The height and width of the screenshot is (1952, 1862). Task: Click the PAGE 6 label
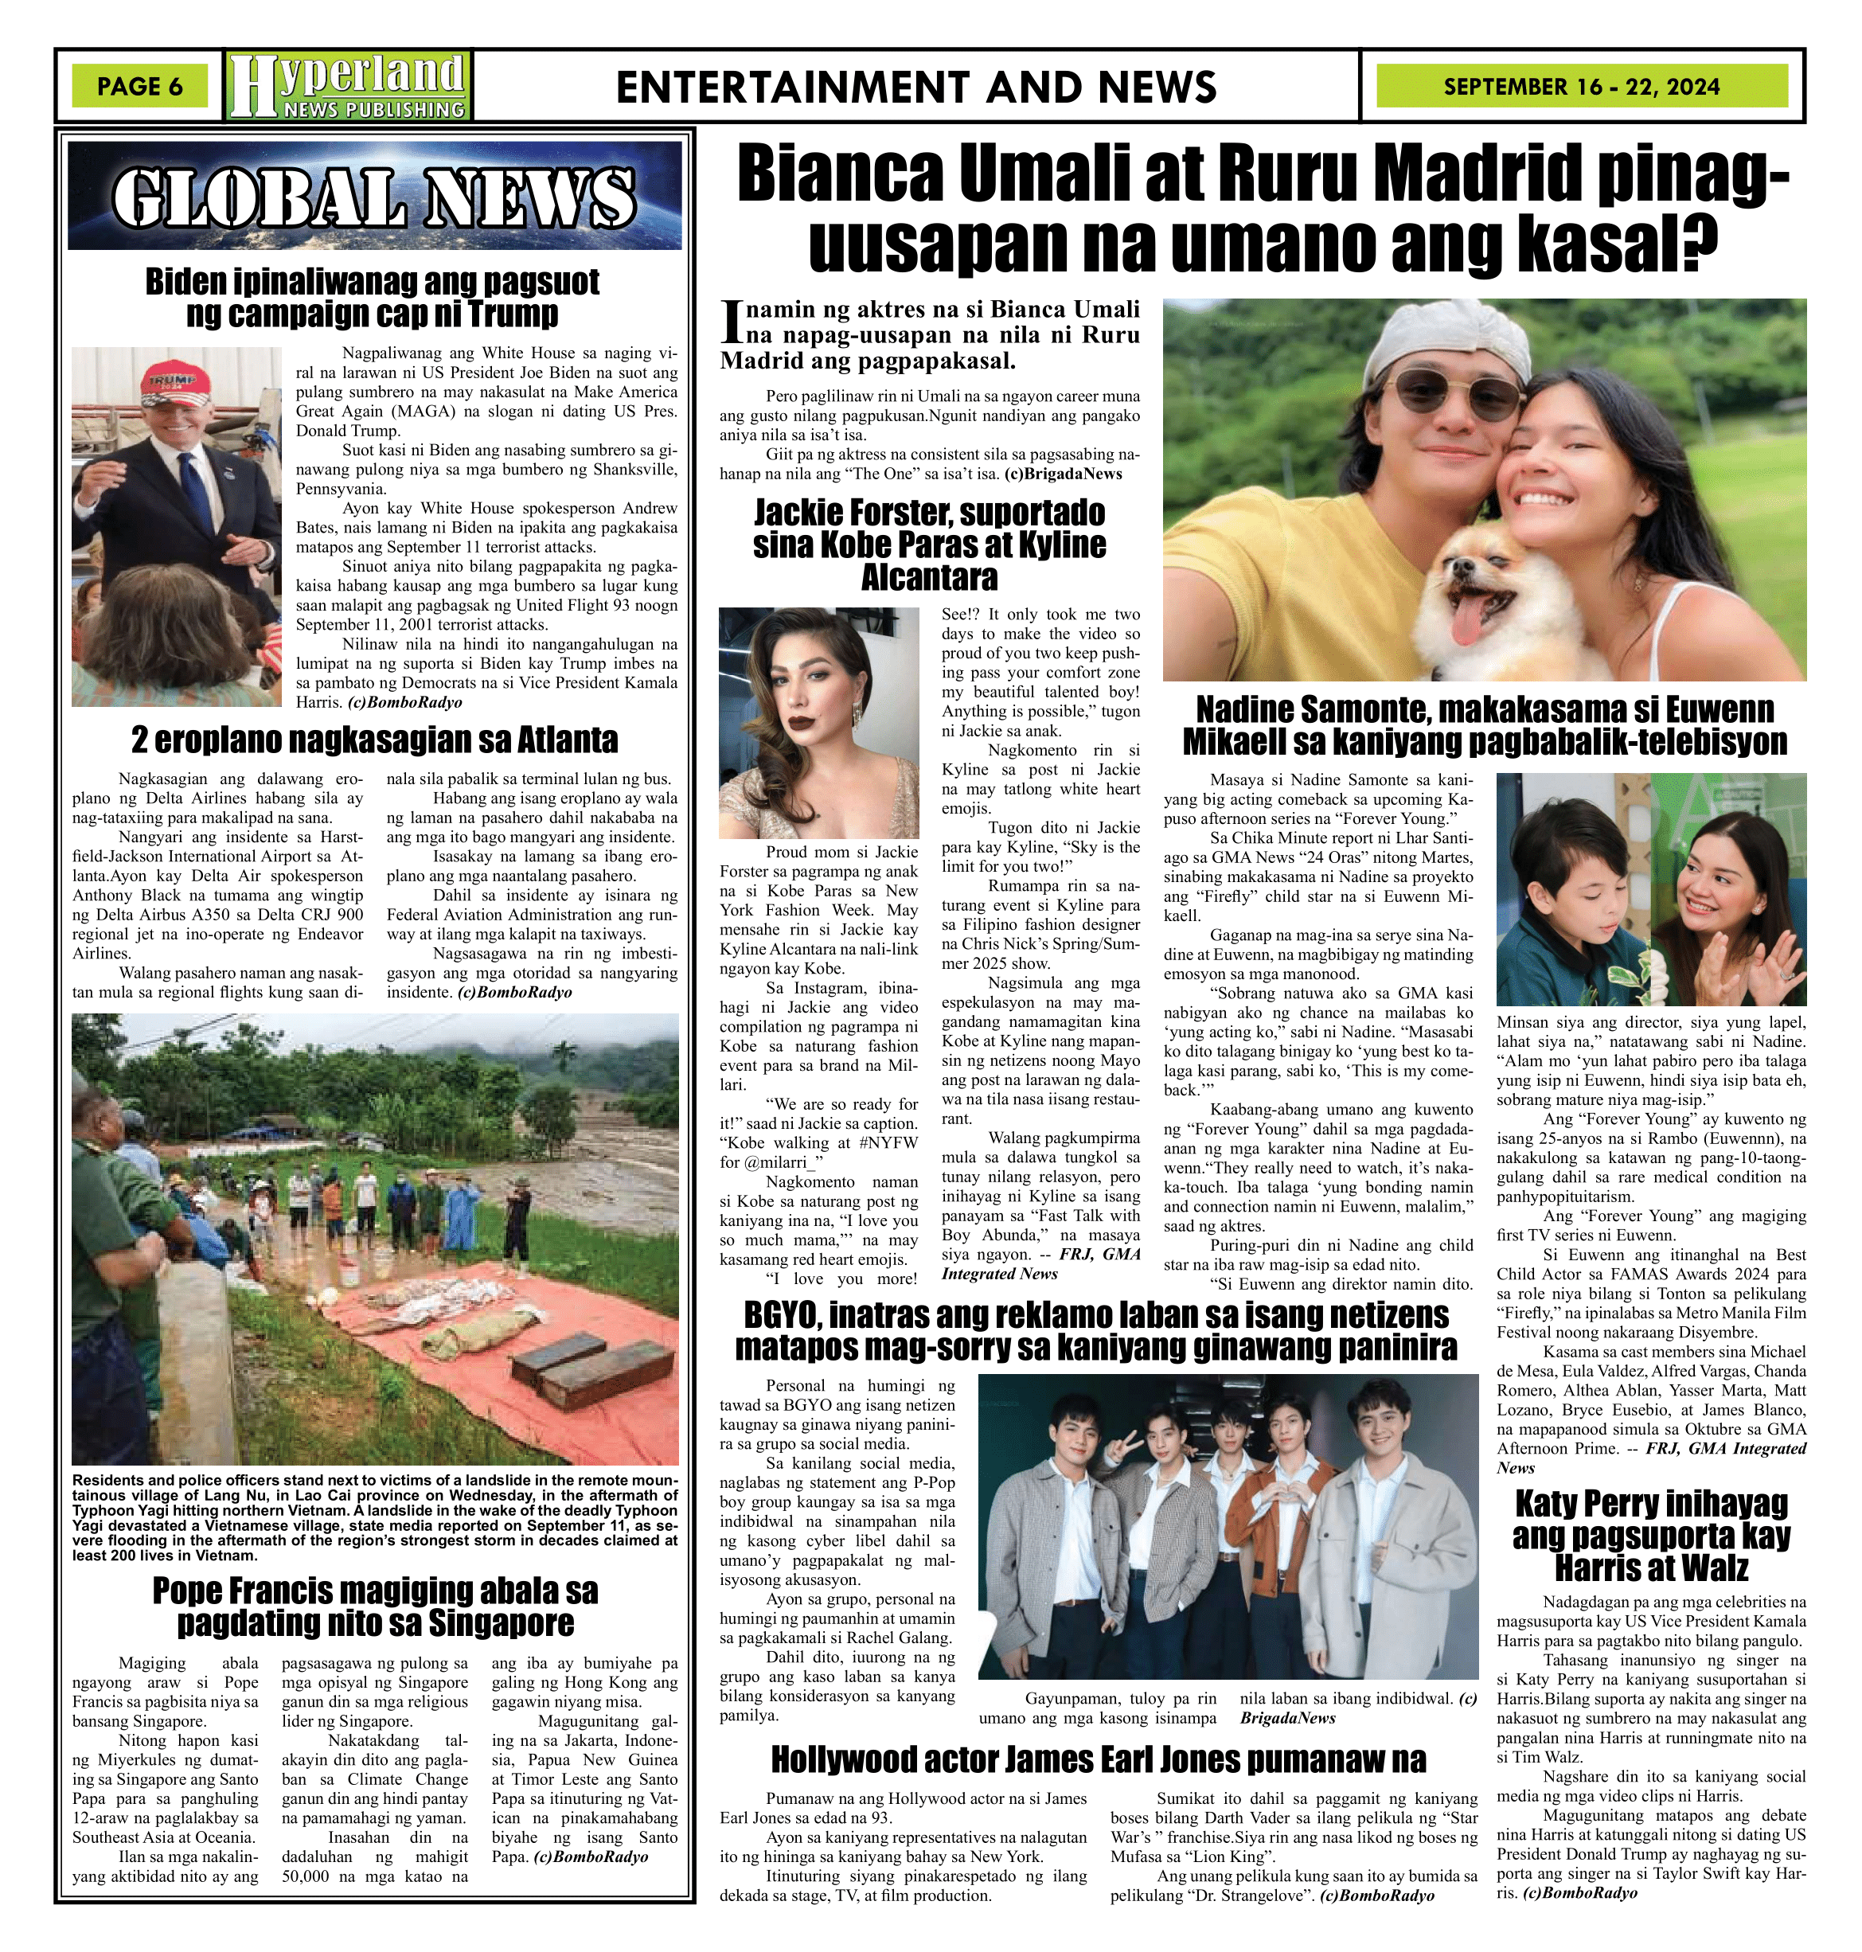(x=140, y=86)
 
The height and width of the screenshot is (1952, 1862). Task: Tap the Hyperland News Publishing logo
(x=347, y=85)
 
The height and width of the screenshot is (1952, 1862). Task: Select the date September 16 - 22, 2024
(x=1581, y=86)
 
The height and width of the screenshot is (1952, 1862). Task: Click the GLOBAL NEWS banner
(x=374, y=196)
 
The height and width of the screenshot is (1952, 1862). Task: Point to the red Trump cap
(x=172, y=383)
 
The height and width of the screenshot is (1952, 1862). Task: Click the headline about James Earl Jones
(x=1098, y=1760)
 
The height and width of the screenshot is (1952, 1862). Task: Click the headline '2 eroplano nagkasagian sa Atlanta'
(x=374, y=740)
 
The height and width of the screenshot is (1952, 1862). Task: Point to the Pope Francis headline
(x=374, y=1606)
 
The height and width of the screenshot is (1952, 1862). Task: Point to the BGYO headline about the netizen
(x=1097, y=1332)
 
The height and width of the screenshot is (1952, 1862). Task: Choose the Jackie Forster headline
(x=929, y=544)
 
